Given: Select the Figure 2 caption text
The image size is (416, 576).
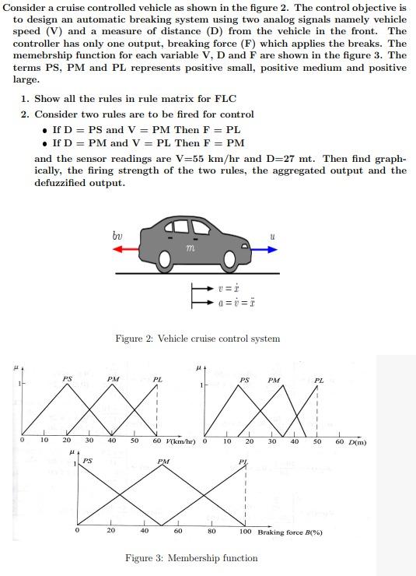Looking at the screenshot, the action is (x=197, y=339).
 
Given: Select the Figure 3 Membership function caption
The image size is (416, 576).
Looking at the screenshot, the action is (x=191, y=558).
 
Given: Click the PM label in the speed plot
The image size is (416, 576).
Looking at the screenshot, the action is (x=114, y=379).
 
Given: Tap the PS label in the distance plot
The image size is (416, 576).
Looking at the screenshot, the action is (x=244, y=380).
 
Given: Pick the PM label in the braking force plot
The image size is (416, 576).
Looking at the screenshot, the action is (x=163, y=462).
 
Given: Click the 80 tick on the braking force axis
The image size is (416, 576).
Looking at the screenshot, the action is (x=211, y=532).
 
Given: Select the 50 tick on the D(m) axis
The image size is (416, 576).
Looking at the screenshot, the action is (x=317, y=442).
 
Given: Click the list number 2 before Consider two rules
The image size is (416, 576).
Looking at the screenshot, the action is (x=26, y=114).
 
